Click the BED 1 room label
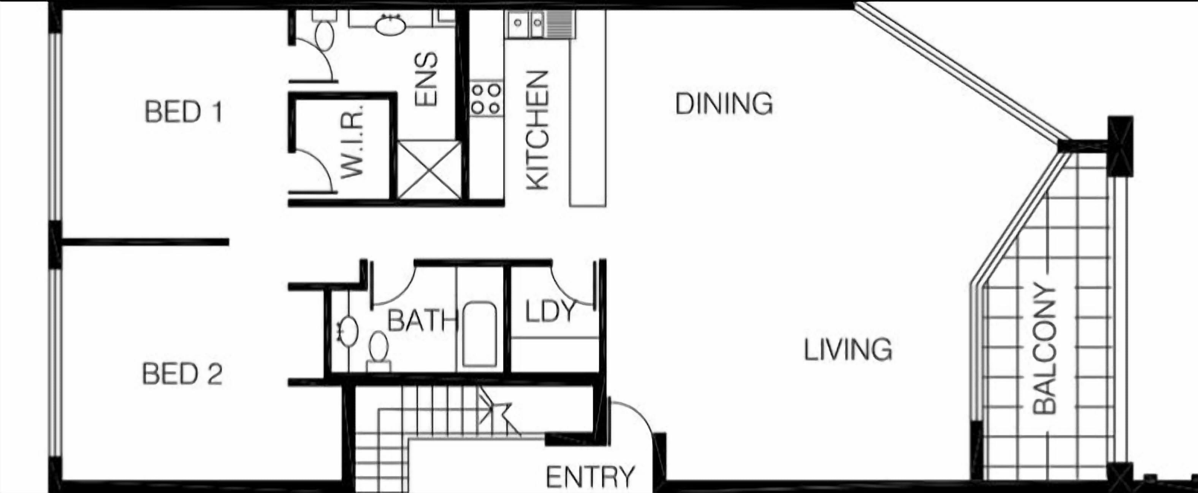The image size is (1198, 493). pos(184,112)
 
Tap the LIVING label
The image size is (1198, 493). pos(848,350)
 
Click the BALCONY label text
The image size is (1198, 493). pos(1044,349)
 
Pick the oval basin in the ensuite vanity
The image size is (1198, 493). pos(390,25)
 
